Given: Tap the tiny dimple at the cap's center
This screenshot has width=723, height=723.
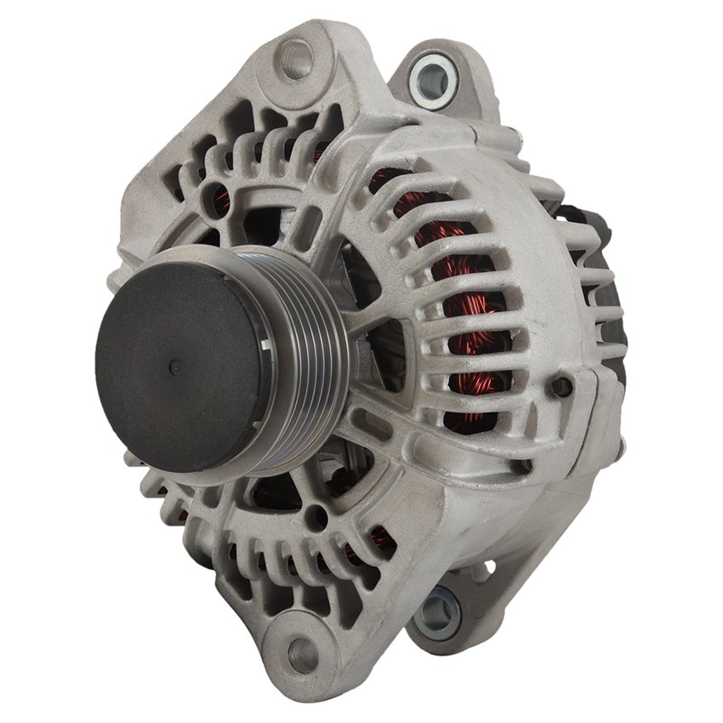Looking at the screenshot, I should click(174, 367).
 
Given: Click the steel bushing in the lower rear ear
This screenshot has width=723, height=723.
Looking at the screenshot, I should click(441, 607).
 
